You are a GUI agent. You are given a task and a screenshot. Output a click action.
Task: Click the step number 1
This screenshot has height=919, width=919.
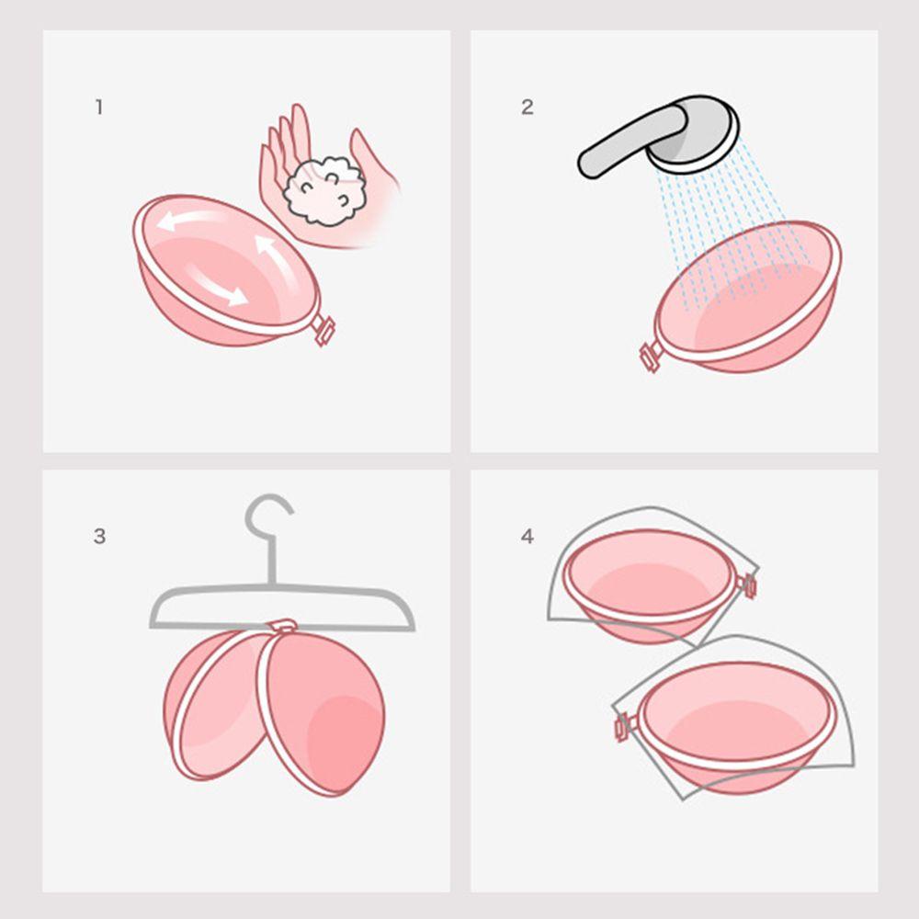(98, 108)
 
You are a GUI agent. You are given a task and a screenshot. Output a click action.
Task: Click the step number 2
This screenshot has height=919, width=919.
(527, 108)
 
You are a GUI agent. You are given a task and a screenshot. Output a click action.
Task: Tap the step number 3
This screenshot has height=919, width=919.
(99, 537)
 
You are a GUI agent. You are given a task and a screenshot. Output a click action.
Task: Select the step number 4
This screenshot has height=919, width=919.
(527, 537)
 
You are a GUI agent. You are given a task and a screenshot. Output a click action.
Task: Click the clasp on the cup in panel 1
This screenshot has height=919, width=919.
(323, 330)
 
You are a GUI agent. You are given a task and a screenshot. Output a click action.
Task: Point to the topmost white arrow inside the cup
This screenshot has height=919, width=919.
(188, 221)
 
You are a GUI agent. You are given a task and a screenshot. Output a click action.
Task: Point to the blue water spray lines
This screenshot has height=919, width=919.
(726, 230)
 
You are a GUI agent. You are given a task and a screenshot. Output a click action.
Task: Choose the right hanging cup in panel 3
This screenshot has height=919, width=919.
(326, 712)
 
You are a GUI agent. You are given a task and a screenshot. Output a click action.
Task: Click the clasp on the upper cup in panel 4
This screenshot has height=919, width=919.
(748, 584)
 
